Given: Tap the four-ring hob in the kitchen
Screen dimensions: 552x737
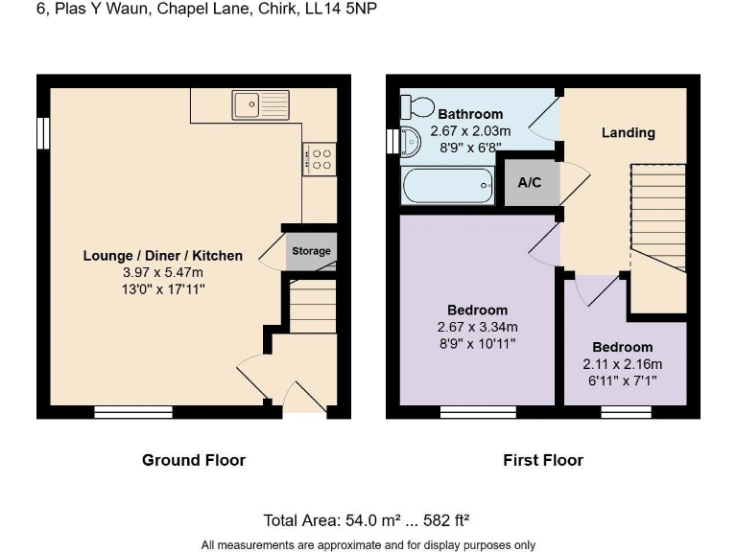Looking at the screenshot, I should pyautogui.click(x=319, y=157).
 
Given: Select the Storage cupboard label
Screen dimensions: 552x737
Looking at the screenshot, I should pyautogui.click(x=311, y=251).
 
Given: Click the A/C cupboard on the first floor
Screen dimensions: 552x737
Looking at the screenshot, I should pyautogui.click(x=530, y=182).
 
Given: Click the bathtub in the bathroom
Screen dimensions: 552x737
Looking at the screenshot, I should pyautogui.click(x=449, y=185).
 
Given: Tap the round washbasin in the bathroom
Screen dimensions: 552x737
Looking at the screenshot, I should pyautogui.click(x=410, y=142).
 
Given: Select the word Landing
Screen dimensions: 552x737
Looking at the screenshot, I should pyautogui.click(x=628, y=132).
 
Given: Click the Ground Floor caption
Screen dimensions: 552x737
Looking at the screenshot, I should pyautogui.click(x=194, y=460).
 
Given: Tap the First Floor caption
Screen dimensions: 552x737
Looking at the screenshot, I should pyautogui.click(x=543, y=460).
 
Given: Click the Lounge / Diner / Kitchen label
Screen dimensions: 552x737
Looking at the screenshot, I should pyautogui.click(x=163, y=256).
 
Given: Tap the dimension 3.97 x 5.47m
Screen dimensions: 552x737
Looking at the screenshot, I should pyautogui.click(x=163, y=271).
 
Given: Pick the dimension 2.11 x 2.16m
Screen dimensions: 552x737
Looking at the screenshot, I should pyautogui.click(x=622, y=364).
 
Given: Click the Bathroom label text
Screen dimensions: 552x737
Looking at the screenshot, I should pyautogui.click(x=470, y=114).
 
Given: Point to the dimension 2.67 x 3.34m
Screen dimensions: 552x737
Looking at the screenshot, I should pyautogui.click(x=478, y=327).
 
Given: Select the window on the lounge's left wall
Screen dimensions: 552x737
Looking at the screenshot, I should pyautogui.click(x=43, y=133).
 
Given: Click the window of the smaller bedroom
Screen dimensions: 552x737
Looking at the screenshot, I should pyautogui.click(x=620, y=412).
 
